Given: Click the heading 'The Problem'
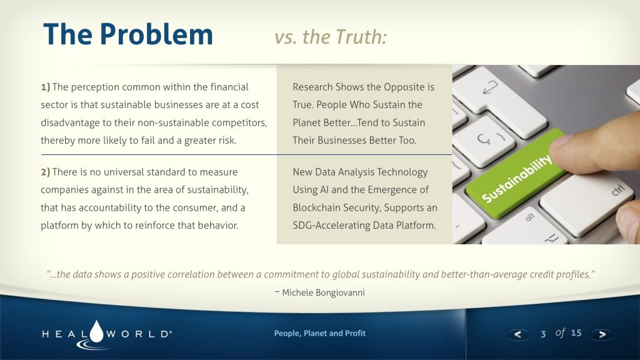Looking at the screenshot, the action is (x=128, y=34).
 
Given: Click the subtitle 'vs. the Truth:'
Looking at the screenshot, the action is (x=330, y=37).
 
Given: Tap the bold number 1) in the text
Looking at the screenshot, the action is (x=45, y=87).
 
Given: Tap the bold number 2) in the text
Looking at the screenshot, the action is (x=45, y=172).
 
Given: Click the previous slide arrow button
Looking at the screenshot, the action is (x=518, y=334).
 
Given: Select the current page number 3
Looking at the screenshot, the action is (x=543, y=334).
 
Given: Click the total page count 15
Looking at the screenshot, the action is (x=576, y=333).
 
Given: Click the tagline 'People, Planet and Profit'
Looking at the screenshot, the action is (x=319, y=333).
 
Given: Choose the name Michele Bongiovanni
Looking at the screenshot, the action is (x=323, y=292).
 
